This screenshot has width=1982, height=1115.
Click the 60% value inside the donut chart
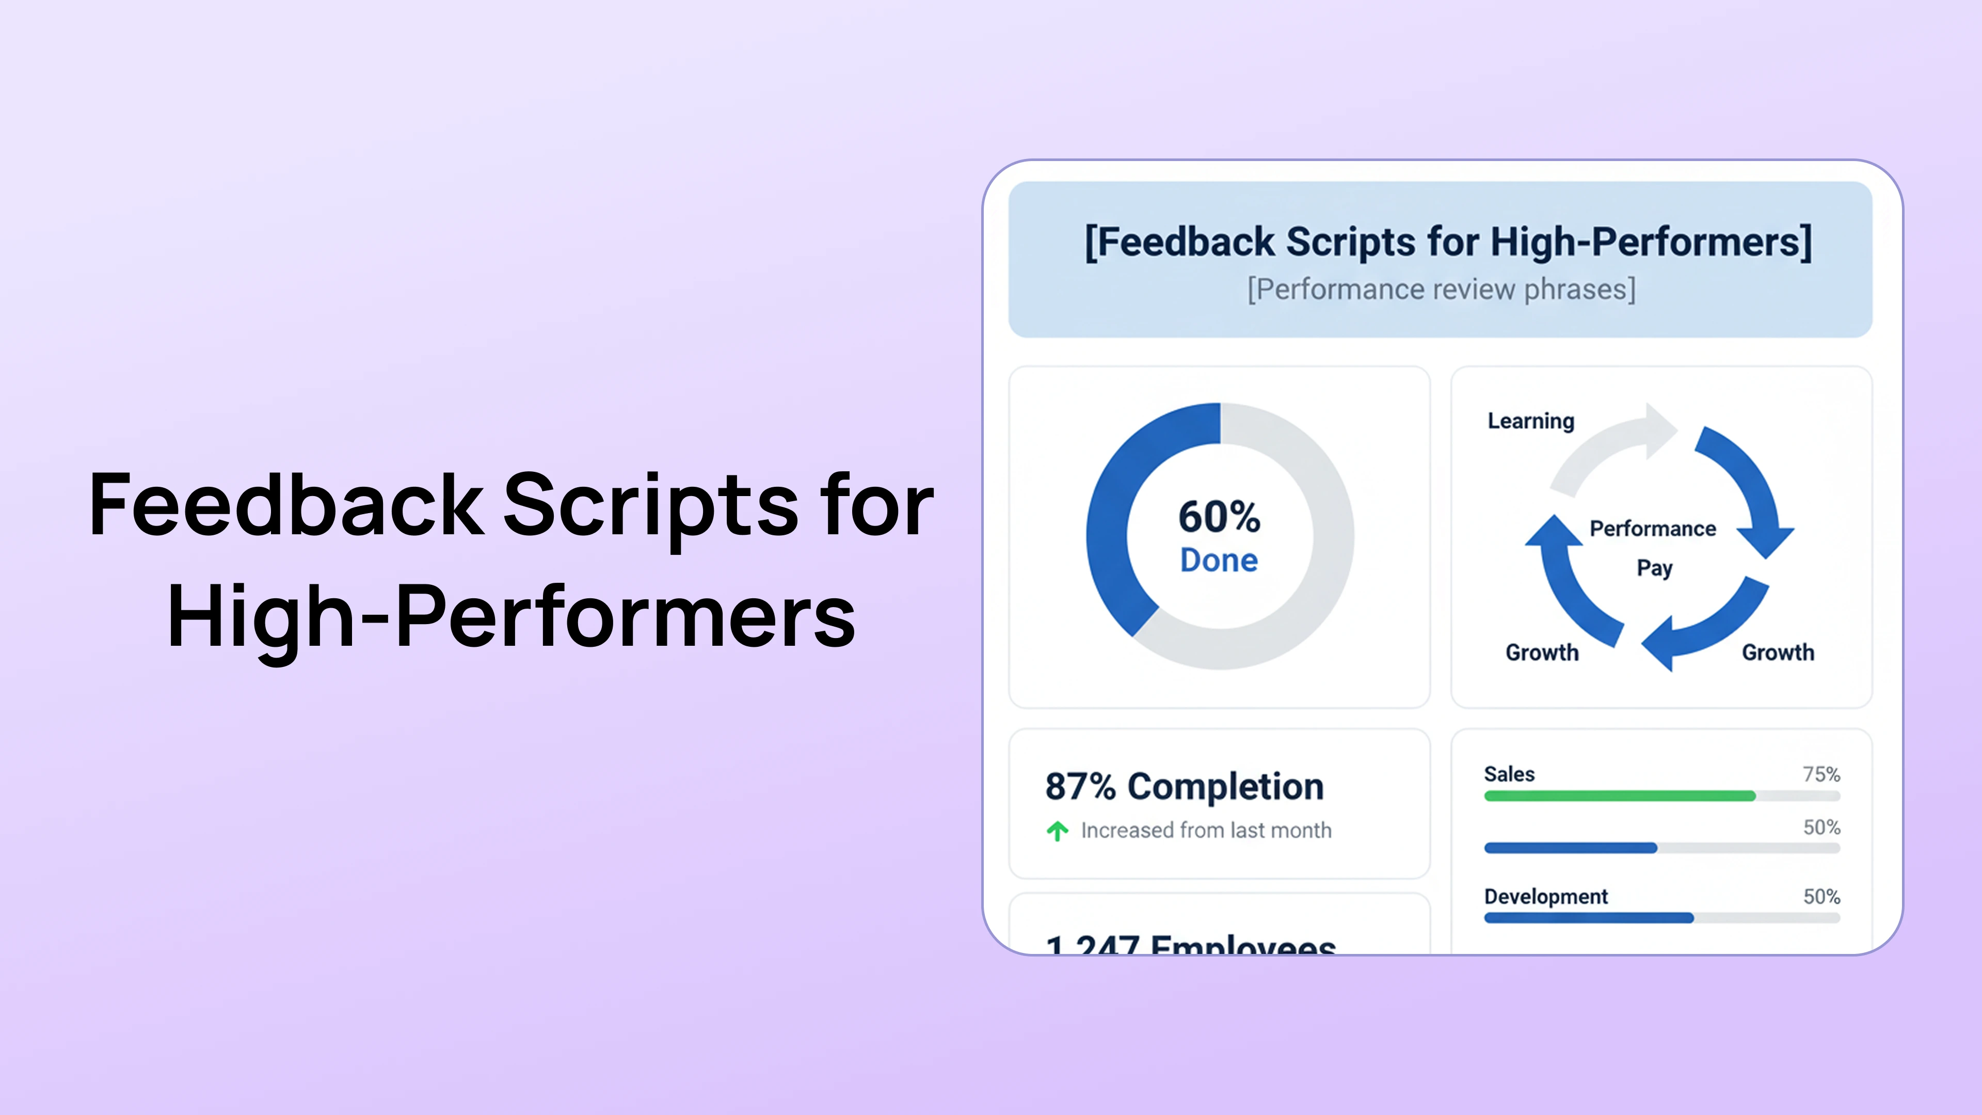coord(1220,516)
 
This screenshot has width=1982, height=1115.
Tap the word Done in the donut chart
coord(1220,560)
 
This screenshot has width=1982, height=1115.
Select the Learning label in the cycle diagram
coord(1531,421)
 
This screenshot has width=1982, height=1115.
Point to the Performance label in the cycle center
coord(1653,529)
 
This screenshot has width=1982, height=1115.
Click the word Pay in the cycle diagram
coord(1654,568)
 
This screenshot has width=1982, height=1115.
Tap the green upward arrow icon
coord(1057,831)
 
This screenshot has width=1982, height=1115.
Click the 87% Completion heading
coord(1184,786)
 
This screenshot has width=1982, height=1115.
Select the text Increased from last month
coord(1206,830)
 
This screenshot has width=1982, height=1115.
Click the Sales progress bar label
coord(1509,774)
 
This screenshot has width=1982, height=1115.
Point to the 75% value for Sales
coord(1821,774)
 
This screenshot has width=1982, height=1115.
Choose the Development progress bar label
coord(1546,897)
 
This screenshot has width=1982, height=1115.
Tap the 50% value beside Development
coord(1821,897)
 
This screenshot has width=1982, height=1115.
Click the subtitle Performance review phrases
coord(1441,289)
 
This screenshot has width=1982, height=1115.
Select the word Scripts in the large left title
coord(651,505)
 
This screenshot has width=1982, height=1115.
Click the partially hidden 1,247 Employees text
coord(1190,944)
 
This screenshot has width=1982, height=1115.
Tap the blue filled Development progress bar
coord(1588,918)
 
